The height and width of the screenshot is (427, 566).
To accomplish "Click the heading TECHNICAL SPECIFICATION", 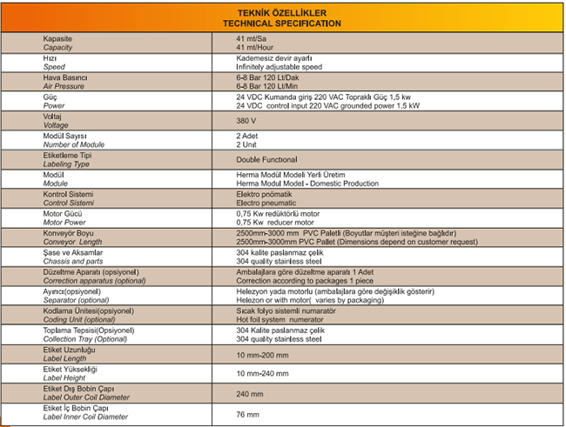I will [x=283, y=23].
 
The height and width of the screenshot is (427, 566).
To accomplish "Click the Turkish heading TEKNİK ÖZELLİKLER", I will [x=283, y=13].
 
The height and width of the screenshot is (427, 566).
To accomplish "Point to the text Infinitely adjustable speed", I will [x=279, y=66].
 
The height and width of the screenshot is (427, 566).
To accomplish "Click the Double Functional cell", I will [x=266, y=160].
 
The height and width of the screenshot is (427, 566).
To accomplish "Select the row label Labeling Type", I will [x=67, y=163].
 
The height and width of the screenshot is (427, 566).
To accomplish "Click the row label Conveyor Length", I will [x=71, y=241].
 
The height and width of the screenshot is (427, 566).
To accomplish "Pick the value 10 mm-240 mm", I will [x=261, y=372].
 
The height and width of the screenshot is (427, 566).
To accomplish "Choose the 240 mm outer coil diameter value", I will [x=249, y=392].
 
